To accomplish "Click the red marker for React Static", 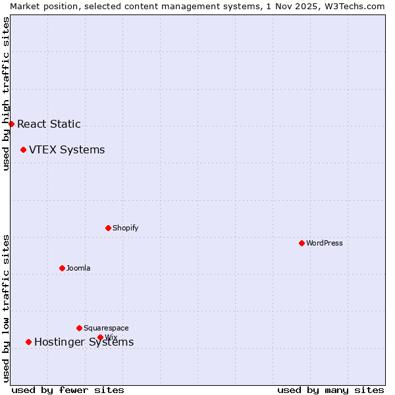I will [x=11, y=124].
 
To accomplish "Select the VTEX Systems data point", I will [x=23, y=149].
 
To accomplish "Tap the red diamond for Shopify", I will [x=108, y=228].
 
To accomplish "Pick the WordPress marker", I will [x=302, y=243].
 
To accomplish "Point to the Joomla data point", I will [x=62, y=268].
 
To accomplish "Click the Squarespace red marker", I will [x=79, y=328].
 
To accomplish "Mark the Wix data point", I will [x=100, y=337].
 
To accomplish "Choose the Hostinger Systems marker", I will [x=28, y=342].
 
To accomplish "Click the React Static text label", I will [x=49, y=124].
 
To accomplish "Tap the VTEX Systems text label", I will [x=66, y=149].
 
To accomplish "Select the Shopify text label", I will [x=125, y=228].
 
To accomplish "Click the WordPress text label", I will [x=324, y=243].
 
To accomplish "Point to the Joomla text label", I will [x=78, y=268].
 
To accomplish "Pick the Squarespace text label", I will [x=106, y=328].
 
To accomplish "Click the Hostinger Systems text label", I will [x=84, y=342].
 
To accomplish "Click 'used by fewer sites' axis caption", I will [x=68, y=390].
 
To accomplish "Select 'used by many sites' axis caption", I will [x=330, y=390].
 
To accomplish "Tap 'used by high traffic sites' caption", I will [x=6, y=93].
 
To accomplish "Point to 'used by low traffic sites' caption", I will [x=6, y=308].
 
